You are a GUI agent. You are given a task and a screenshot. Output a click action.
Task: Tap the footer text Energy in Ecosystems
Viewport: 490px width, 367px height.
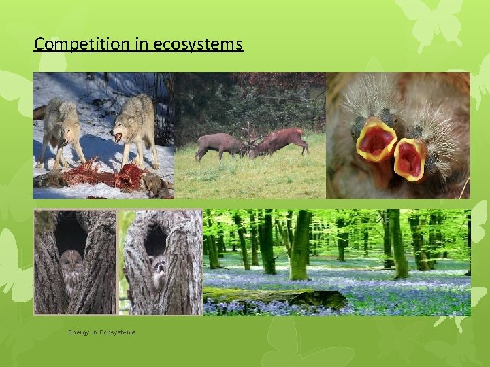(101, 332)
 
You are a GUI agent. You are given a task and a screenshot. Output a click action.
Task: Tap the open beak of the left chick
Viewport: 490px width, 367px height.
(376, 141)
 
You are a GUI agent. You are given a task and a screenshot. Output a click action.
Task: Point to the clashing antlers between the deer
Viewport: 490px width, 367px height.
(249, 136)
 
